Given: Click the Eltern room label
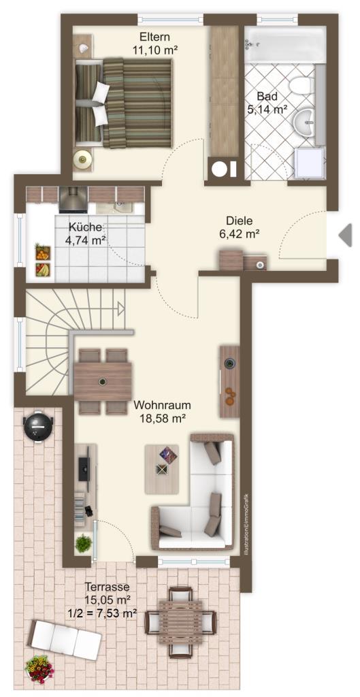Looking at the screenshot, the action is point(154,37).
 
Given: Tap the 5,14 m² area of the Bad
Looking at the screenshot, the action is point(267,110).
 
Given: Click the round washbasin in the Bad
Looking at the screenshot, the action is point(306,117).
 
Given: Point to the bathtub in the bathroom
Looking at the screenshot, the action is point(285,44).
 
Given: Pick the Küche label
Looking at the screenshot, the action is point(85,227).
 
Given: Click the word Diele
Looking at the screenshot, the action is point(239,221).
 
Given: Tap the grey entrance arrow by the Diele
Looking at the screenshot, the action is point(345,235).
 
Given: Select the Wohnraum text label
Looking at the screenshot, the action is point(162,405).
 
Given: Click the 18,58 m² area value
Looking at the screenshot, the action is point(162,418).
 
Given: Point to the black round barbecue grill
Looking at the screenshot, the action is point(38,427).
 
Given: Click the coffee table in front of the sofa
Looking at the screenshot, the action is point(162,469).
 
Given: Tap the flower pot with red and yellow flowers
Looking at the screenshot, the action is point(39,669).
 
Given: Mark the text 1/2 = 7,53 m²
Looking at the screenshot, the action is point(103,614).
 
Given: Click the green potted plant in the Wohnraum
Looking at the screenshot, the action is point(83,543).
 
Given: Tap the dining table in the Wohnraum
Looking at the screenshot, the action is point(103,381).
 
